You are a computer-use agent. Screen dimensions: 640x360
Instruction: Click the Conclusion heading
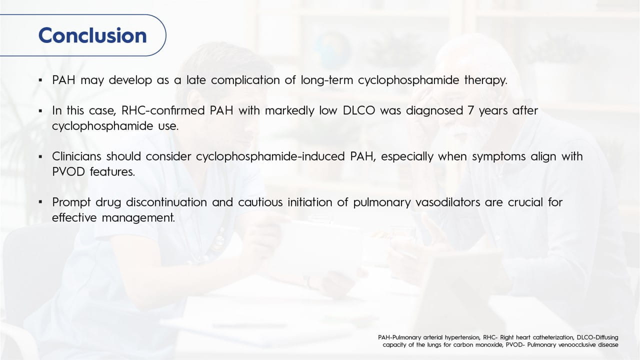coord(92,35)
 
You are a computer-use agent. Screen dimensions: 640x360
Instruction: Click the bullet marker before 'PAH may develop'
coord(40,80)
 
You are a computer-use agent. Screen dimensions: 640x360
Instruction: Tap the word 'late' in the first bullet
coord(196,80)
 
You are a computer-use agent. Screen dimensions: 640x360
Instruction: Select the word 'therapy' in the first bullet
coord(485,80)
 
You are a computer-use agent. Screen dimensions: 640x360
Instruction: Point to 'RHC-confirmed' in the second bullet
coord(163,110)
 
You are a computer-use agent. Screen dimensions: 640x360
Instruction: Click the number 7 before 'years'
coord(470,110)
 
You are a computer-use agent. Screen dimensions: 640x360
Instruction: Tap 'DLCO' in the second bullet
coord(358,110)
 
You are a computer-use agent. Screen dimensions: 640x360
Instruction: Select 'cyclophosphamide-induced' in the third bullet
coord(270,157)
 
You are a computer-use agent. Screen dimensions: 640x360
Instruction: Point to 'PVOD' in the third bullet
coord(68,171)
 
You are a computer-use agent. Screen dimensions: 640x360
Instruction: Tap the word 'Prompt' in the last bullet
coord(71,202)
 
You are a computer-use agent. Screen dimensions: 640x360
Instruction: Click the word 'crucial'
coord(525,202)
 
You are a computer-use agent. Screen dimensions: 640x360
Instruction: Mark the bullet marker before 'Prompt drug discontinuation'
coord(40,202)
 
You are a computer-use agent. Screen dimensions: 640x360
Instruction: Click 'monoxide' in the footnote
coord(489,345)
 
